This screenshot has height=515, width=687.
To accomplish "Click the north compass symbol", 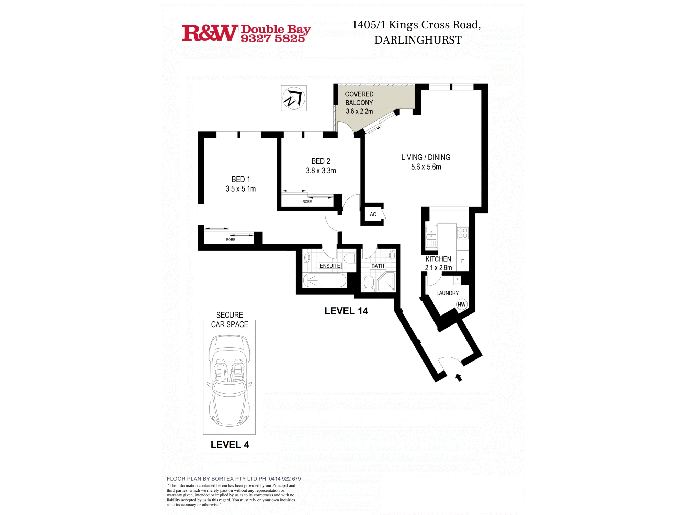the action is (x=294, y=98).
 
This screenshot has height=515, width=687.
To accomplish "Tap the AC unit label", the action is (x=373, y=214).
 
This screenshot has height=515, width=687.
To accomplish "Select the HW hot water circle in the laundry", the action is (x=462, y=304).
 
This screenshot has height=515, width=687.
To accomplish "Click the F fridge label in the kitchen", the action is (x=462, y=261).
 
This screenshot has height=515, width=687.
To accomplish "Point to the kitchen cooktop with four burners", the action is (x=463, y=233).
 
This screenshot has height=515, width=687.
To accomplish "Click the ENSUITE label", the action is (x=330, y=266).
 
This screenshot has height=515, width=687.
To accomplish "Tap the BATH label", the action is (x=378, y=266).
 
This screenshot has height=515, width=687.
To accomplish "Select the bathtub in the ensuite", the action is (x=325, y=280).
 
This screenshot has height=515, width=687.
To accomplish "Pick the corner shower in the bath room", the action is (x=386, y=283).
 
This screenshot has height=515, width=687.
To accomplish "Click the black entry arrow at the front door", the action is (x=459, y=378).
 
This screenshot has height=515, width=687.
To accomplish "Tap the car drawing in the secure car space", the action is (x=229, y=381).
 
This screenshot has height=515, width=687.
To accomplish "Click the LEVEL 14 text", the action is (x=346, y=311).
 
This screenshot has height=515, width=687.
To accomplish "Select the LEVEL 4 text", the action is (x=230, y=445).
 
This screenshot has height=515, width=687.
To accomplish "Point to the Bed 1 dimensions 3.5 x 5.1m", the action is (x=240, y=189).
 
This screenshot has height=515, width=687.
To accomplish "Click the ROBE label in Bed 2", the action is (x=307, y=202).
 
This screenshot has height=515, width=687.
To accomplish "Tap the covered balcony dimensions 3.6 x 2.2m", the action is (x=359, y=111).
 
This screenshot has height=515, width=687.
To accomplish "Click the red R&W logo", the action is (x=210, y=33).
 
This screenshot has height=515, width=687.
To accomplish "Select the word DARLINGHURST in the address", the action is (x=418, y=40).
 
